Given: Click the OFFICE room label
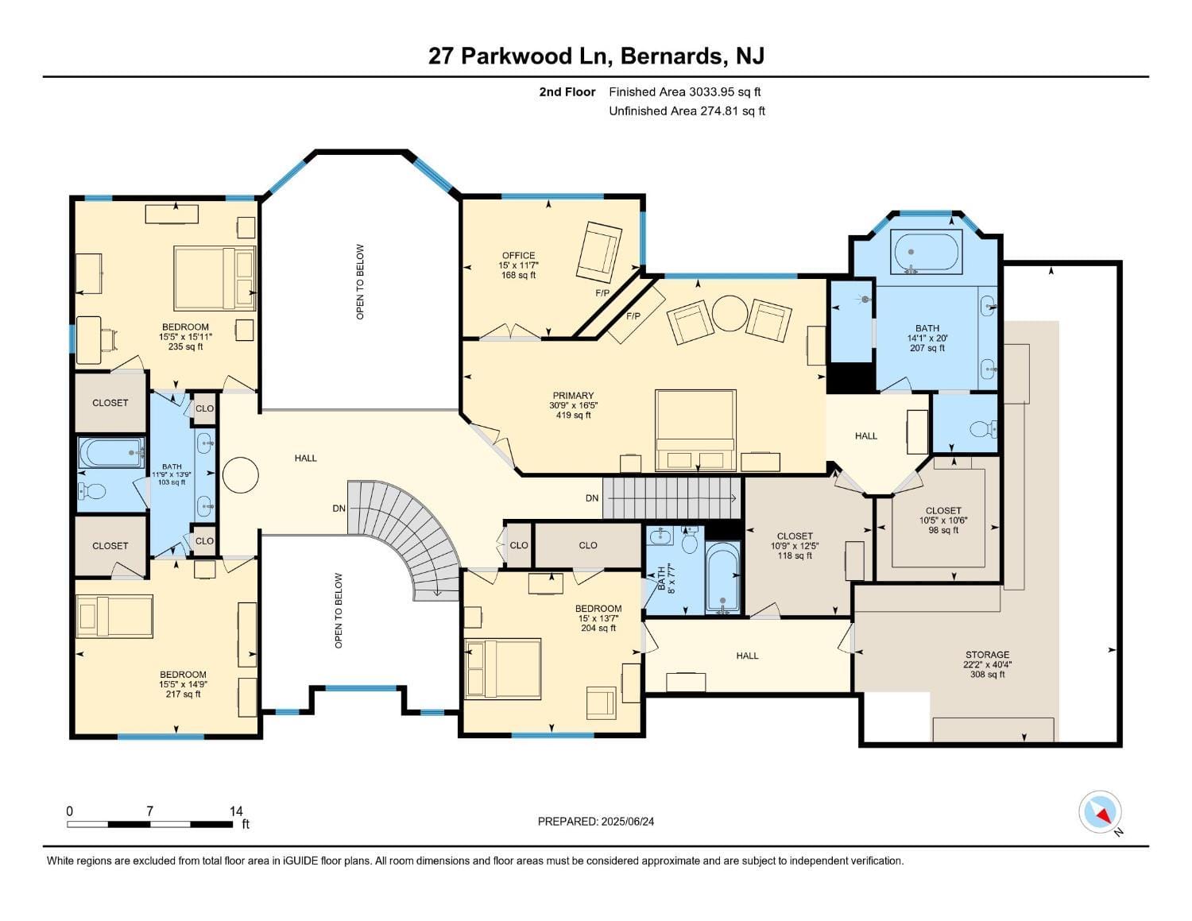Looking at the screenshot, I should pyautogui.click(x=518, y=256).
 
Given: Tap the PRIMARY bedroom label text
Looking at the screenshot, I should pyautogui.click(x=573, y=396).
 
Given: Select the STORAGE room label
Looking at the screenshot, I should pyautogui.click(x=987, y=655).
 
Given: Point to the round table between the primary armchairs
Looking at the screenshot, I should pyautogui.click(x=729, y=313).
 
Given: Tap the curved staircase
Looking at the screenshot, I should pyautogui.click(x=413, y=532).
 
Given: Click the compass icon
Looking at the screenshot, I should pyautogui.click(x=1100, y=812).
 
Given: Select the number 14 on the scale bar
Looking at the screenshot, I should pyautogui.click(x=236, y=811).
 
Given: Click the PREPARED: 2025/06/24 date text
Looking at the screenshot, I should pyautogui.click(x=595, y=822).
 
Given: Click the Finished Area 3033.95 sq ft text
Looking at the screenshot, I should pyautogui.click(x=684, y=92).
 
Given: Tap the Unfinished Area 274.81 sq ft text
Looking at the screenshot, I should pyautogui.click(x=687, y=111).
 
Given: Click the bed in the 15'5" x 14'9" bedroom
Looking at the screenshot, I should pyautogui.click(x=114, y=616).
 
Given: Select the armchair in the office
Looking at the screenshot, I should pyautogui.click(x=599, y=252).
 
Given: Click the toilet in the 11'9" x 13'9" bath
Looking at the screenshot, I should pyautogui.click(x=93, y=492).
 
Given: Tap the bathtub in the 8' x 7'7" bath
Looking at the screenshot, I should pyautogui.click(x=722, y=578).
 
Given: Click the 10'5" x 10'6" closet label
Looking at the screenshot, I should pyautogui.click(x=943, y=511).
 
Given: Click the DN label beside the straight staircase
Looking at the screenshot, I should pyautogui.click(x=592, y=498).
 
